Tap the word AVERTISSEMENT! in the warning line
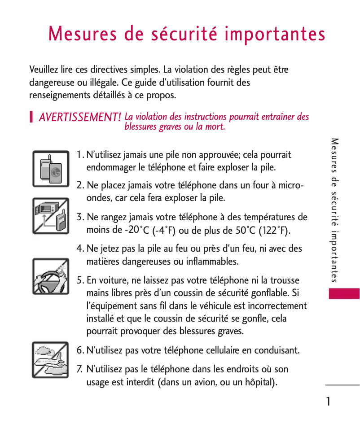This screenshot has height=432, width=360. [x=79, y=118]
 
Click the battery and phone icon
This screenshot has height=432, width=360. [x=50, y=169]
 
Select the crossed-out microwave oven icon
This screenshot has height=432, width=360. [x=50, y=216]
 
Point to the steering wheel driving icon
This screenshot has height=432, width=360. [x=50, y=276]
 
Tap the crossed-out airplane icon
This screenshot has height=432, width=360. [x=50, y=360]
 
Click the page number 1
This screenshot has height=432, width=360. [x=329, y=401]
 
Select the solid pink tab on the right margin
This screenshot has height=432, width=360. [x=344, y=294]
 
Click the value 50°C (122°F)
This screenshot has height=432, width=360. [x=263, y=231]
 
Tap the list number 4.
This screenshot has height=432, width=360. [x=80, y=249]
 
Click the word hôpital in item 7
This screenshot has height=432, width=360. [x=258, y=383]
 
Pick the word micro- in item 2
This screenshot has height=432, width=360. [x=291, y=185]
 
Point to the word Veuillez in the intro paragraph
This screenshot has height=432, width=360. [x=45, y=70]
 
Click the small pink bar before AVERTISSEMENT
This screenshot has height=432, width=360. [x=31, y=118]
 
